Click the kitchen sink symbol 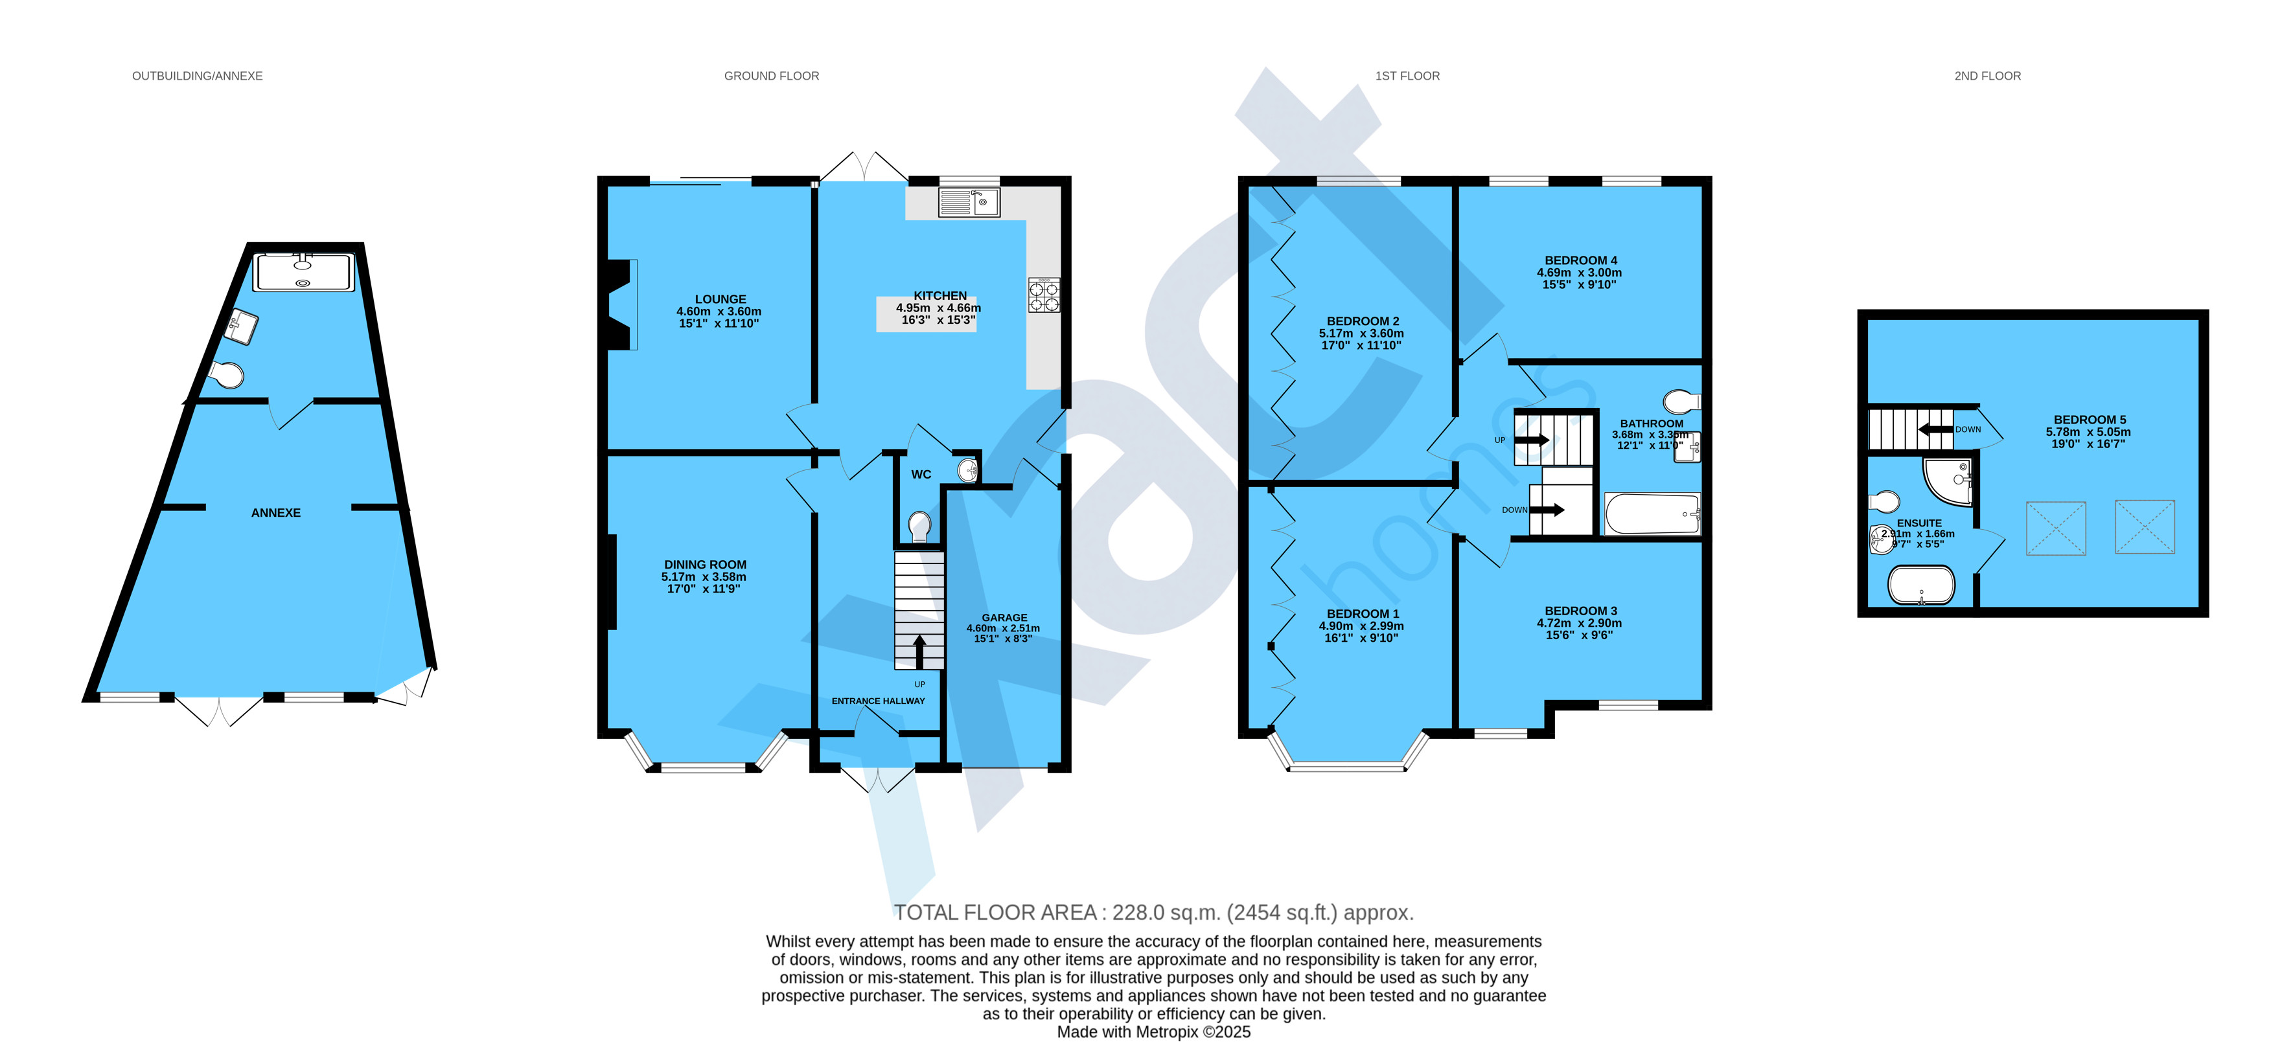(x=969, y=202)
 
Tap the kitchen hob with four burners (x=1044, y=295)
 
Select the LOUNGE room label (x=720, y=300)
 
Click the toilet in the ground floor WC (x=919, y=526)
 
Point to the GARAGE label (x=1004, y=618)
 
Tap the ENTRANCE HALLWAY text (x=878, y=701)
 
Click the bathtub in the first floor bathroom (x=1652, y=514)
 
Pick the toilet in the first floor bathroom (x=1681, y=400)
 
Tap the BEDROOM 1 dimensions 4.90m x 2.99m (x=1361, y=626)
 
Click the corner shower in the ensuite (x=1947, y=480)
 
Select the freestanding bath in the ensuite (x=1921, y=585)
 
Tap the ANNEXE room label (x=276, y=512)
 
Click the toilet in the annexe (x=227, y=374)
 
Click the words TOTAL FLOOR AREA (x=995, y=913)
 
